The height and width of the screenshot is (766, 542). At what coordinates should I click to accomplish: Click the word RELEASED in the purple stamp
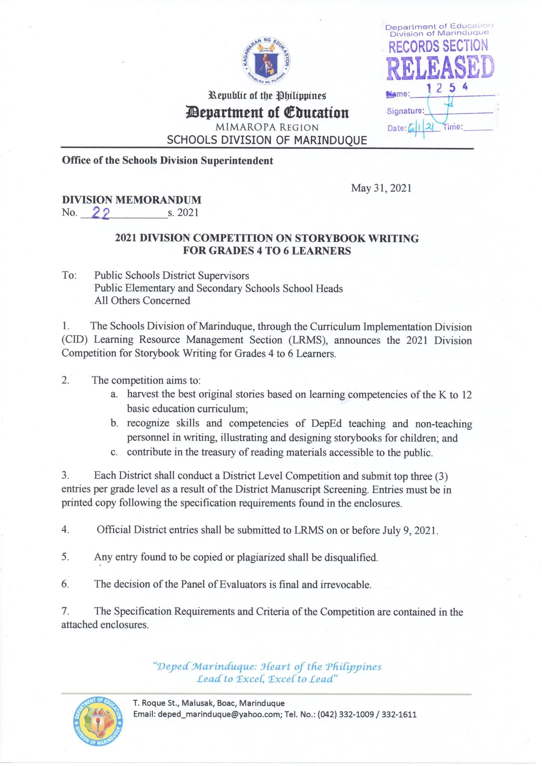coord(440,68)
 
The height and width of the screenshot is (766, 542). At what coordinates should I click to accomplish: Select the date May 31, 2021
coord(381,188)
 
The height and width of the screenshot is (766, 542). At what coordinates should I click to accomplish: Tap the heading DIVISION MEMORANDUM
coord(131,200)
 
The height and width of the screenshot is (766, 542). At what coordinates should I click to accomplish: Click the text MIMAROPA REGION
coord(267,127)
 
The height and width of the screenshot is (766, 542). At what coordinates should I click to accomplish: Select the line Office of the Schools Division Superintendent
coord(167,161)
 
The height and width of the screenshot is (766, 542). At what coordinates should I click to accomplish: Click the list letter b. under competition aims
coord(115,423)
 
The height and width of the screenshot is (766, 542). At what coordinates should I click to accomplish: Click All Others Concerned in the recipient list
coord(142,301)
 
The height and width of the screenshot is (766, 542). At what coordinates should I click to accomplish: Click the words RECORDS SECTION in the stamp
coord(438,46)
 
